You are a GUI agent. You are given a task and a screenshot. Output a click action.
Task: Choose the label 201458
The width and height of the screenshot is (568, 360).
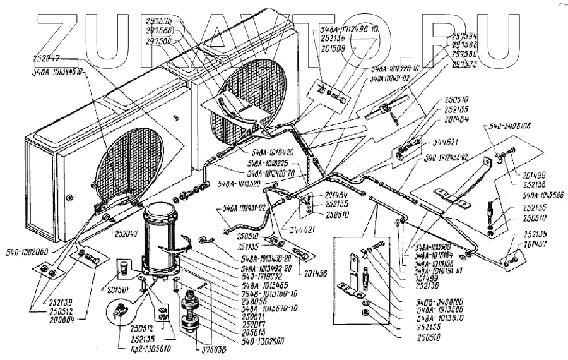[x=315, y=273]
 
